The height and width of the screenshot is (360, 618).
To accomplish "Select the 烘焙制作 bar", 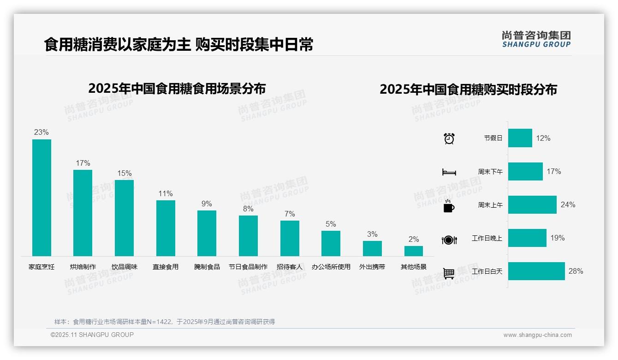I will [83, 213].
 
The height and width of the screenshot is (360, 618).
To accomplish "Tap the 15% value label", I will [124, 174].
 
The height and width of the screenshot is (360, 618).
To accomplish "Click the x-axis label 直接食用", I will [166, 267].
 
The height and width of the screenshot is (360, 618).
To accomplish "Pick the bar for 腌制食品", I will [207, 233].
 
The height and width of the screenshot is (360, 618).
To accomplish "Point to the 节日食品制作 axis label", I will [248, 267].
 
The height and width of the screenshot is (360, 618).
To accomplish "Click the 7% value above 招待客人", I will [290, 214].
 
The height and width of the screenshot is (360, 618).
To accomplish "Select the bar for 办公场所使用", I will [331, 243].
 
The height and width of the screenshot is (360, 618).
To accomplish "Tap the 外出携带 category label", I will [372, 267].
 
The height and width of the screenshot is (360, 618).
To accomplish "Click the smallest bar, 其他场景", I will [414, 251].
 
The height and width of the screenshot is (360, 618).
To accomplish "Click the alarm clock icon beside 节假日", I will [449, 138].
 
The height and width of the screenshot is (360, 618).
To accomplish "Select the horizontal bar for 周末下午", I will [525, 171].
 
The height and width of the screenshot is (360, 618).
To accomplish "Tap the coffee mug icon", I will [449, 205].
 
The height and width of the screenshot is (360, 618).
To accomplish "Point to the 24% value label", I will [568, 205].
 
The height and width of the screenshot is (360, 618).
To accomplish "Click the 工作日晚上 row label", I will [487, 238].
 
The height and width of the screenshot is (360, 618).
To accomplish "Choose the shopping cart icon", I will [449, 273].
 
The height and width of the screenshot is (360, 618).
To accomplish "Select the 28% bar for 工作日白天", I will [536, 271].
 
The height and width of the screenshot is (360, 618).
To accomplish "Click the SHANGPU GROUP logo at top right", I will [536, 39].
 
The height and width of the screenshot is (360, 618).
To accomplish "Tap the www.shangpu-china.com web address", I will [537, 335].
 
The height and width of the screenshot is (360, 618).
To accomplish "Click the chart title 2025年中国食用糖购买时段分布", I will [468, 90].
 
